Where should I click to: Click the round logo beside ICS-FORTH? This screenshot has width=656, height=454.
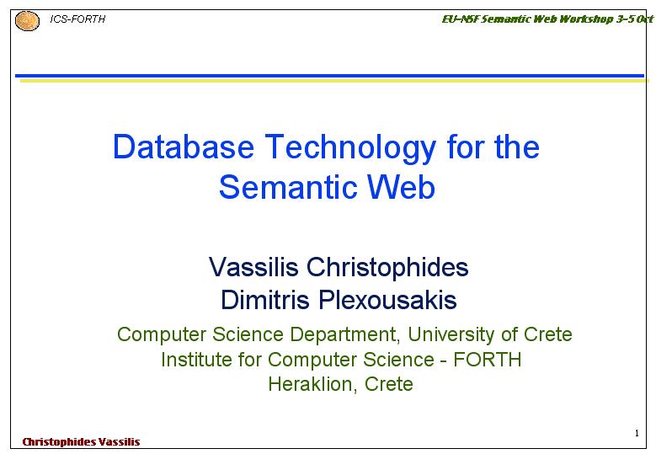27,21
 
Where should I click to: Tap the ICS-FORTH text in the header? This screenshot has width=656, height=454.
77,19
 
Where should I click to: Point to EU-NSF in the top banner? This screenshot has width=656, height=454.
460,19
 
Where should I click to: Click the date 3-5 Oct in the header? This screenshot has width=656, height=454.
635,19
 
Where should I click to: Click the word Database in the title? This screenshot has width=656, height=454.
184,147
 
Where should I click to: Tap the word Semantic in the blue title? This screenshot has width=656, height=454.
287,187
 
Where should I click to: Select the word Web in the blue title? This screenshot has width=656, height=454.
401,187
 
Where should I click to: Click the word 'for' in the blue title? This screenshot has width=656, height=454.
465,147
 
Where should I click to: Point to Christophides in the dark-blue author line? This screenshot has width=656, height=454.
387,268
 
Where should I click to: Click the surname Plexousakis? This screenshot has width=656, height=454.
387,300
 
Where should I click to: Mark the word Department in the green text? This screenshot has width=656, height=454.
344,334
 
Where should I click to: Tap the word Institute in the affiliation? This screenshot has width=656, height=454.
197,360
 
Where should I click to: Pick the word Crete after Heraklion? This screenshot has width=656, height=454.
389,384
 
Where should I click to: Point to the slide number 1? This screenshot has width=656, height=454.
637,433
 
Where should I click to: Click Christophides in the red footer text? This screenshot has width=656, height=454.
59,442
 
